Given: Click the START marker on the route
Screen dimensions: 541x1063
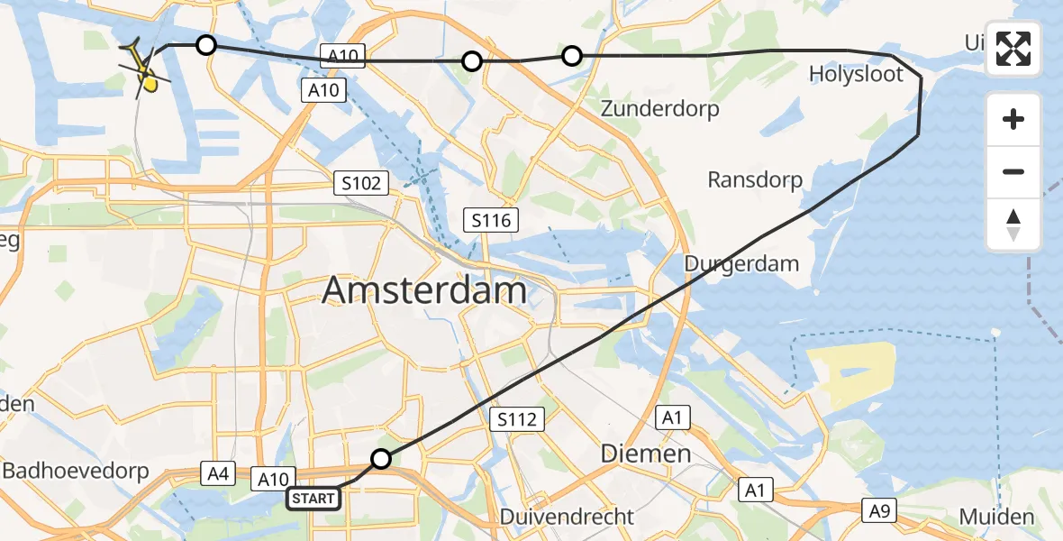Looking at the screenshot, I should coord(314,498).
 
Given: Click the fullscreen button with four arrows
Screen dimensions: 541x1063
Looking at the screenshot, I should coord(1013,48).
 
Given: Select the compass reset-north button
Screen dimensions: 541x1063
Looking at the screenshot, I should coord(1013,225).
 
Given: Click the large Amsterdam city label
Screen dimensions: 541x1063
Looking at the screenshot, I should coord(424,291).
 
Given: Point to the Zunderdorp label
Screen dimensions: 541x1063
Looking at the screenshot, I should coord(661,109).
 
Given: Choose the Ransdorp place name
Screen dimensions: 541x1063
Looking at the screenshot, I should coord(755,180).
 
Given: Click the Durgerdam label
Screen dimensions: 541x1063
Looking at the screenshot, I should coord(742,264).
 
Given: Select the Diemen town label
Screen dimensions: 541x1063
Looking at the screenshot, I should coord(646,454).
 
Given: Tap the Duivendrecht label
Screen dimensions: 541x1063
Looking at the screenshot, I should coord(568,518).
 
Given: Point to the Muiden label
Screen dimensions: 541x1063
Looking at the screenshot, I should coord(996,518).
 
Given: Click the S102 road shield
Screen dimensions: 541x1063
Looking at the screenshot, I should coord(360,184).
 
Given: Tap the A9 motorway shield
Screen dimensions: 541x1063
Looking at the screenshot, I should coord(879,510).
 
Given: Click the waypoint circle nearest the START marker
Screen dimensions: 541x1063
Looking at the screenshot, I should coord(381,459).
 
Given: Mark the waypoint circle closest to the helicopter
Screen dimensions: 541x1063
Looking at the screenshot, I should coord(206,45).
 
